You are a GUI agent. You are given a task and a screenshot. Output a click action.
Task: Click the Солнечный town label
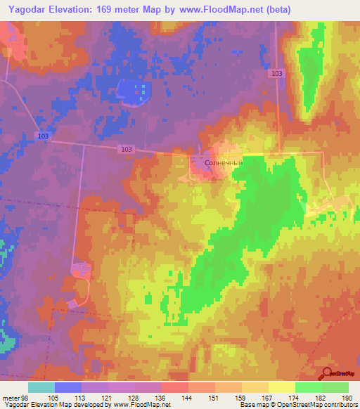(223, 163)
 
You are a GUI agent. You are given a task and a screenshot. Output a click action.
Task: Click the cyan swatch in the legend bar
(41, 387)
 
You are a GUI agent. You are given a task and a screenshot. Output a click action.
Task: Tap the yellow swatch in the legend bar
(281, 387)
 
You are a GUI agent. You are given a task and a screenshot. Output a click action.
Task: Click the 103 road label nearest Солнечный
(126, 149)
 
